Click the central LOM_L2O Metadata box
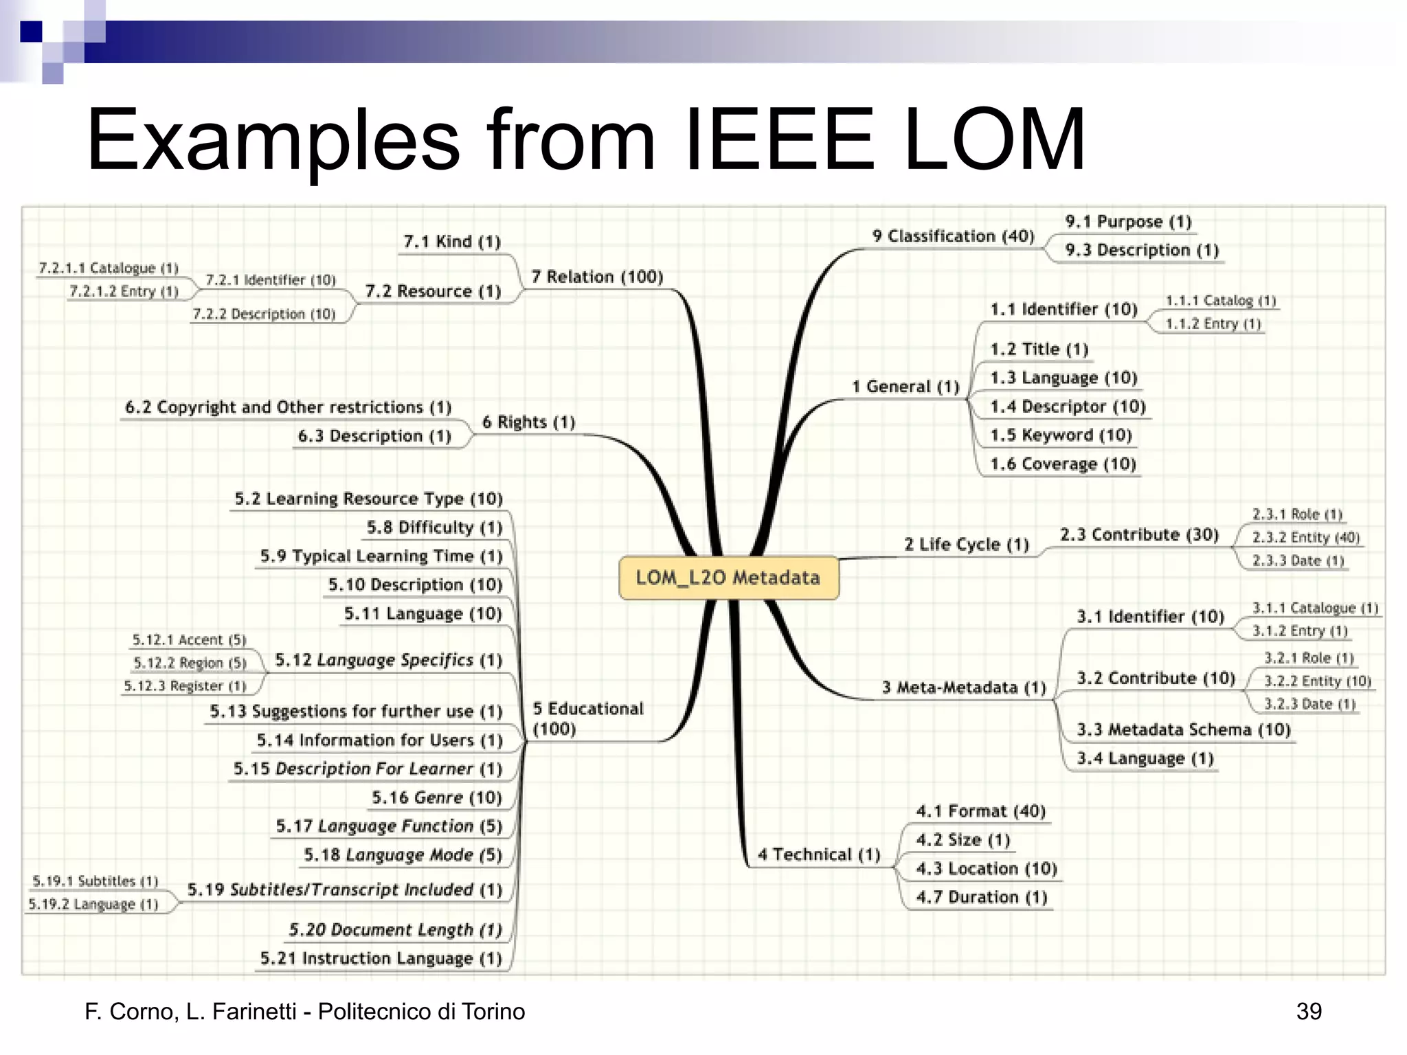coord(728,578)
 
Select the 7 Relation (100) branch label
coord(596,277)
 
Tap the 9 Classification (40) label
coord(953,236)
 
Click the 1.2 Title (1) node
coord(1039,350)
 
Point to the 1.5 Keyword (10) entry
coord(1061,435)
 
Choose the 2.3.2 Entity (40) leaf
coord(1305,538)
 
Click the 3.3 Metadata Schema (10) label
coord(1183,730)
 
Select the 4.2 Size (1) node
coord(963,840)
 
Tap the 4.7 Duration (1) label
coord(981,898)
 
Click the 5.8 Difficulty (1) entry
coord(434,527)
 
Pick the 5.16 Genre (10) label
coord(437,798)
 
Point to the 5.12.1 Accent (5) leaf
coord(189,640)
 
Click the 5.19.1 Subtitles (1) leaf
coord(95,881)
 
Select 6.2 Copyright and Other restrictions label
coord(288,407)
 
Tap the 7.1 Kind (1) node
coord(451,242)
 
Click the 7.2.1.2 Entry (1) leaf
coord(124,291)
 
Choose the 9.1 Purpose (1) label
coord(1128,222)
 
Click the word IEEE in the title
coord(780,141)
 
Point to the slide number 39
coord(1308,1011)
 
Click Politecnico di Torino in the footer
coord(421,1011)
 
